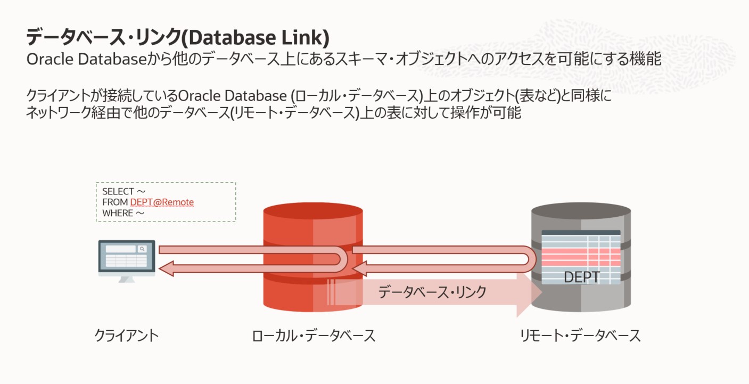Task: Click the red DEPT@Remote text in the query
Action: click(x=162, y=202)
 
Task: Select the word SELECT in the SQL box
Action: click(x=118, y=192)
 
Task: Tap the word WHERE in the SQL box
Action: click(x=117, y=213)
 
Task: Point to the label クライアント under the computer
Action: click(x=127, y=336)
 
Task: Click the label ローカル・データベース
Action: click(x=314, y=336)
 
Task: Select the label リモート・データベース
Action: click(x=580, y=336)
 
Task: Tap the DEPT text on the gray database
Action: click(x=581, y=277)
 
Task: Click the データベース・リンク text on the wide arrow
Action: click(x=432, y=292)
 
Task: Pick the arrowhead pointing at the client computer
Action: click(x=166, y=269)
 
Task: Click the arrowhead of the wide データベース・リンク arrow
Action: click(x=530, y=293)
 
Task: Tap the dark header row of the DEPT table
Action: click(x=581, y=233)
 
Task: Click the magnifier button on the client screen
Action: click(x=142, y=249)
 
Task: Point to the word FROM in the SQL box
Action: click(x=114, y=202)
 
